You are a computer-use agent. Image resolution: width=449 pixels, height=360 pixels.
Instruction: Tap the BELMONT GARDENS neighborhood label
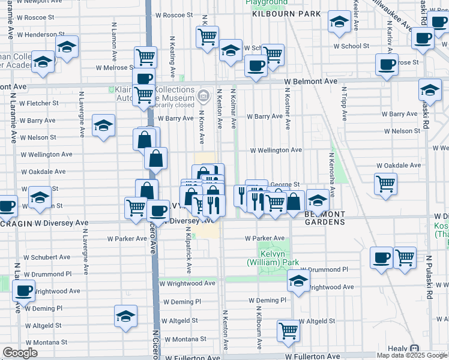325,218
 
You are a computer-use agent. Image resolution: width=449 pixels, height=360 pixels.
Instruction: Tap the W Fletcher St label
38,103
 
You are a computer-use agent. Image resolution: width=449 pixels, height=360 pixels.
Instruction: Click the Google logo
20,353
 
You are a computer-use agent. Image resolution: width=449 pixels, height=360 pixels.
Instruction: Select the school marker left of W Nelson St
103,125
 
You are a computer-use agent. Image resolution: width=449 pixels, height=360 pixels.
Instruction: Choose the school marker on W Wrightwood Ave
298,280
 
